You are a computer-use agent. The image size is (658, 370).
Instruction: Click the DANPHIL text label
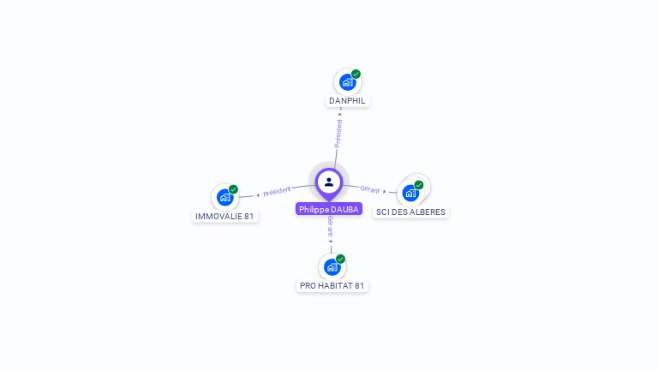pyautogui.click(x=347, y=100)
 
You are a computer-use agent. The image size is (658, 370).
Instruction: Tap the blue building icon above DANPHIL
pyautogui.click(x=347, y=82)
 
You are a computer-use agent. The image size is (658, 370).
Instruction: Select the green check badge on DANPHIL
pyautogui.click(x=356, y=74)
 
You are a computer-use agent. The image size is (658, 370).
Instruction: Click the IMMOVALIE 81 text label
pyautogui.click(x=224, y=216)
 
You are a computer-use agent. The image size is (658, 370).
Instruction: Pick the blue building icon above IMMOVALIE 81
pyautogui.click(x=224, y=197)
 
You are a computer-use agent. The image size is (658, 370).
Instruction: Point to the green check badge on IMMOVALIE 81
pyautogui.click(x=233, y=189)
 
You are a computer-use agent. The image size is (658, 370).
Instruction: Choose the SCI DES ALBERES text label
pyautogui.click(x=410, y=212)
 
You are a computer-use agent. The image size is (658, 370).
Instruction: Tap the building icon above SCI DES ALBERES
pyautogui.click(x=410, y=194)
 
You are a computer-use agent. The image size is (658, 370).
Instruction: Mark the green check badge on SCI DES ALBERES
pyautogui.click(x=419, y=185)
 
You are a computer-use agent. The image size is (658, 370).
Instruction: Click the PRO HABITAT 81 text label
pyautogui.click(x=332, y=285)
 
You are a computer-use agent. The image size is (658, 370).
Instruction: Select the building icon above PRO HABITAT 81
pyautogui.click(x=332, y=267)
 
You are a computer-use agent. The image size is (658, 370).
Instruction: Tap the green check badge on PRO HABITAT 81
pyautogui.click(x=340, y=259)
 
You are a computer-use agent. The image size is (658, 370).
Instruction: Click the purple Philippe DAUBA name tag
pyautogui.click(x=329, y=209)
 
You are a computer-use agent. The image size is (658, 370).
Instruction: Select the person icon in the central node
pyautogui.click(x=329, y=182)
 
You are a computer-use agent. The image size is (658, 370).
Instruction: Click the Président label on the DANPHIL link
pyautogui.click(x=338, y=134)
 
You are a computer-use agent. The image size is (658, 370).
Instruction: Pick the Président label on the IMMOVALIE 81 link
pyautogui.click(x=277, y=191)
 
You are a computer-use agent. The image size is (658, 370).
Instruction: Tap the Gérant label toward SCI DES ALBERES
pyautogui.click(x=370, y=189)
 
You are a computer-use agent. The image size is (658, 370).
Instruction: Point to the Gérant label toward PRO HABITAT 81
pyautogui.click(x=331, y=226)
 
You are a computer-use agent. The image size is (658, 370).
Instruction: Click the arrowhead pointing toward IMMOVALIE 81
pyautogui.click(x=258, y=195)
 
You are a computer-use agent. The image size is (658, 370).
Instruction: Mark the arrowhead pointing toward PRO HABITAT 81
pyautogui.click(x=331, y=242)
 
